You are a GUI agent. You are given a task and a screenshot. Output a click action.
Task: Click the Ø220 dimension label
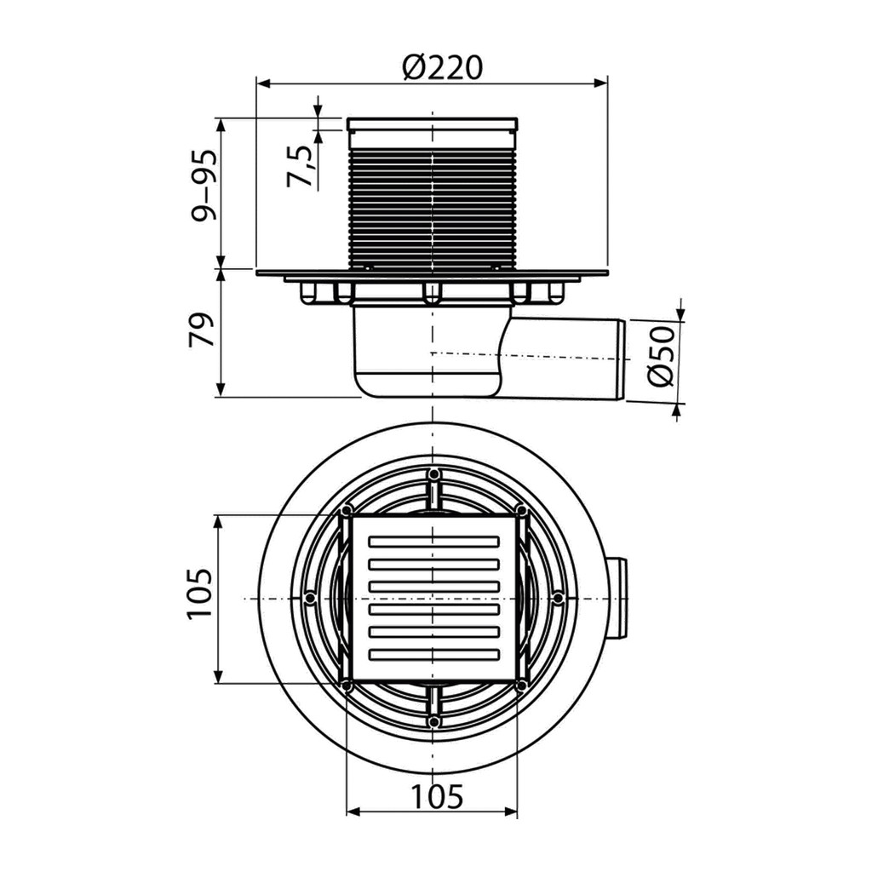point(443,67)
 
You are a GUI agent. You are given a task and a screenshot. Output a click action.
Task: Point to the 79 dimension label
point(202,330)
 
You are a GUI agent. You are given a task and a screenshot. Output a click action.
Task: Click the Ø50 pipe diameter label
point(661,357)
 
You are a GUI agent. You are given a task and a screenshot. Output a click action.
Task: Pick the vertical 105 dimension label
point(199,594)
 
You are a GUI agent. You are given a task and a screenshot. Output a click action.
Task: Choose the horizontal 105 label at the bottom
point(437,796)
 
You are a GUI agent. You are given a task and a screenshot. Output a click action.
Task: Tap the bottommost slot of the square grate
point(433,653)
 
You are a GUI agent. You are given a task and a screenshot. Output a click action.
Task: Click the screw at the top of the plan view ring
point(433,474)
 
